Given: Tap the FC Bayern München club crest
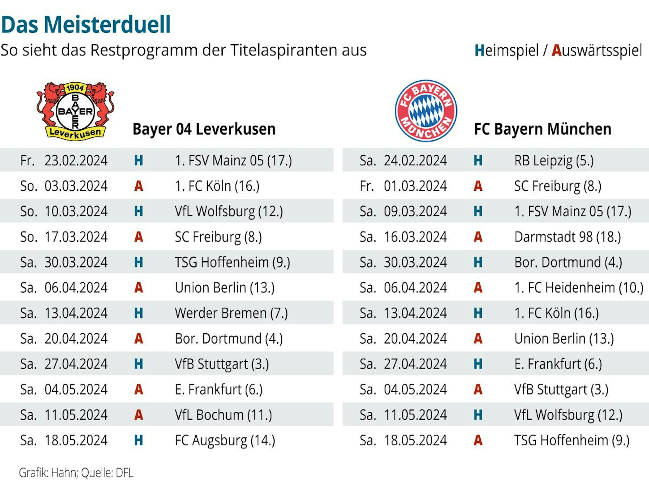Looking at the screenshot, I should [426, 111].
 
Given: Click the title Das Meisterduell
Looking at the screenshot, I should [86, 25].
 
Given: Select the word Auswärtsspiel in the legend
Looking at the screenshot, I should [597, 51].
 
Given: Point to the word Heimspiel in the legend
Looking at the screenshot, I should [506, 51].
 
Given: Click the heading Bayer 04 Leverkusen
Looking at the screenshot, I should [204, 129].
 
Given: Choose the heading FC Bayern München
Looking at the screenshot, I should [543, 129].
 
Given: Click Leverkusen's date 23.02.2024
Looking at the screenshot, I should [76, 160].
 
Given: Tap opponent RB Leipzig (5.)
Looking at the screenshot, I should [554, 160].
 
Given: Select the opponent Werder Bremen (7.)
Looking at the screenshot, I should [231, 313].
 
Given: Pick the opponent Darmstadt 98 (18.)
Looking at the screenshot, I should [568, 237].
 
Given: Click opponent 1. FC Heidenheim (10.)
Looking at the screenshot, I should [579, 288].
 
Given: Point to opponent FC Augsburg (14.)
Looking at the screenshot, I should [225, 440].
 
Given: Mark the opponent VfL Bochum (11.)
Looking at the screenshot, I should [223, 415].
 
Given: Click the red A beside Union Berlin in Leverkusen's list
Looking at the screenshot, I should [139, 288].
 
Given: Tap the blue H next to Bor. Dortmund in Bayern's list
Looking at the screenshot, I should [478, 262].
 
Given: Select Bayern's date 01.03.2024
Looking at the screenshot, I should [415, 186].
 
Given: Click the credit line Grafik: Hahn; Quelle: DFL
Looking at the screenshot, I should [76, 473].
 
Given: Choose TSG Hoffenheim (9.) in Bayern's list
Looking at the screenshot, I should [572, 440].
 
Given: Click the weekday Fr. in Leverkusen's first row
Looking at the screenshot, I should [27, 160].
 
